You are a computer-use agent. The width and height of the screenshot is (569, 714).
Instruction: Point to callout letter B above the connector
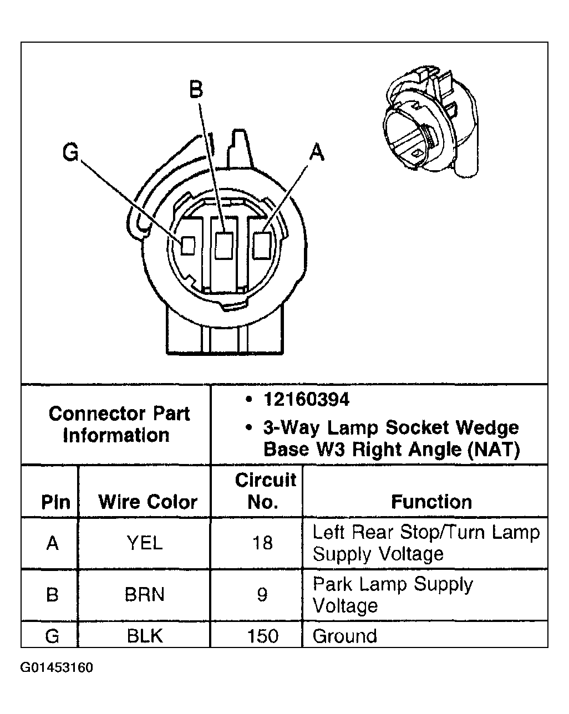click(196, 89)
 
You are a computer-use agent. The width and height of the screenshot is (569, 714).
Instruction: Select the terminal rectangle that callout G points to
click(189, 245)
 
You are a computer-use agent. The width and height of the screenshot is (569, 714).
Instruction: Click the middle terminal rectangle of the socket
click(223, 245)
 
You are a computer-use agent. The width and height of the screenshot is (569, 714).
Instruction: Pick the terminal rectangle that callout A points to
click(261, 244)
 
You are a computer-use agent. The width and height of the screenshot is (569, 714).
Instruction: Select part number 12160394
click(307, 399)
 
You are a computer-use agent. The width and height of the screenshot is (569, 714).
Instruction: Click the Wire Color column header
click(148, 502)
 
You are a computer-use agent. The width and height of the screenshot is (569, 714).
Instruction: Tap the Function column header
click(431, 502)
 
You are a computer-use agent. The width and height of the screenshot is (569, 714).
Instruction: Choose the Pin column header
click(55, 502)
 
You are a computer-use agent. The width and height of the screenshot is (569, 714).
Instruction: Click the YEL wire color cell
click(145, 543)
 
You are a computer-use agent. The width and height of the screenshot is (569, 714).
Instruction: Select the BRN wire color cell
click(145, 594)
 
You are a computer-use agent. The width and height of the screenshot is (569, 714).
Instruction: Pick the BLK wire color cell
click(145, 635)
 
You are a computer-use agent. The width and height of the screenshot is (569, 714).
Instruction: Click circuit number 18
click(262, 543)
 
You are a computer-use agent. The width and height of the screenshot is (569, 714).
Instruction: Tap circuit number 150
click(262, 635)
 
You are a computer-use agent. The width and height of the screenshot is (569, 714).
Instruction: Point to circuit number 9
click(262, 594)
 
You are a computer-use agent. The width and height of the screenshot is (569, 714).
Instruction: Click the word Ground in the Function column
click(344, 635)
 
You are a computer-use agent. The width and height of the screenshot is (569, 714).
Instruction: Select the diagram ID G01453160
click(57, 667)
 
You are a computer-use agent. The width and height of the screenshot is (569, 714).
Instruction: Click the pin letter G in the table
click(52, 635)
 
